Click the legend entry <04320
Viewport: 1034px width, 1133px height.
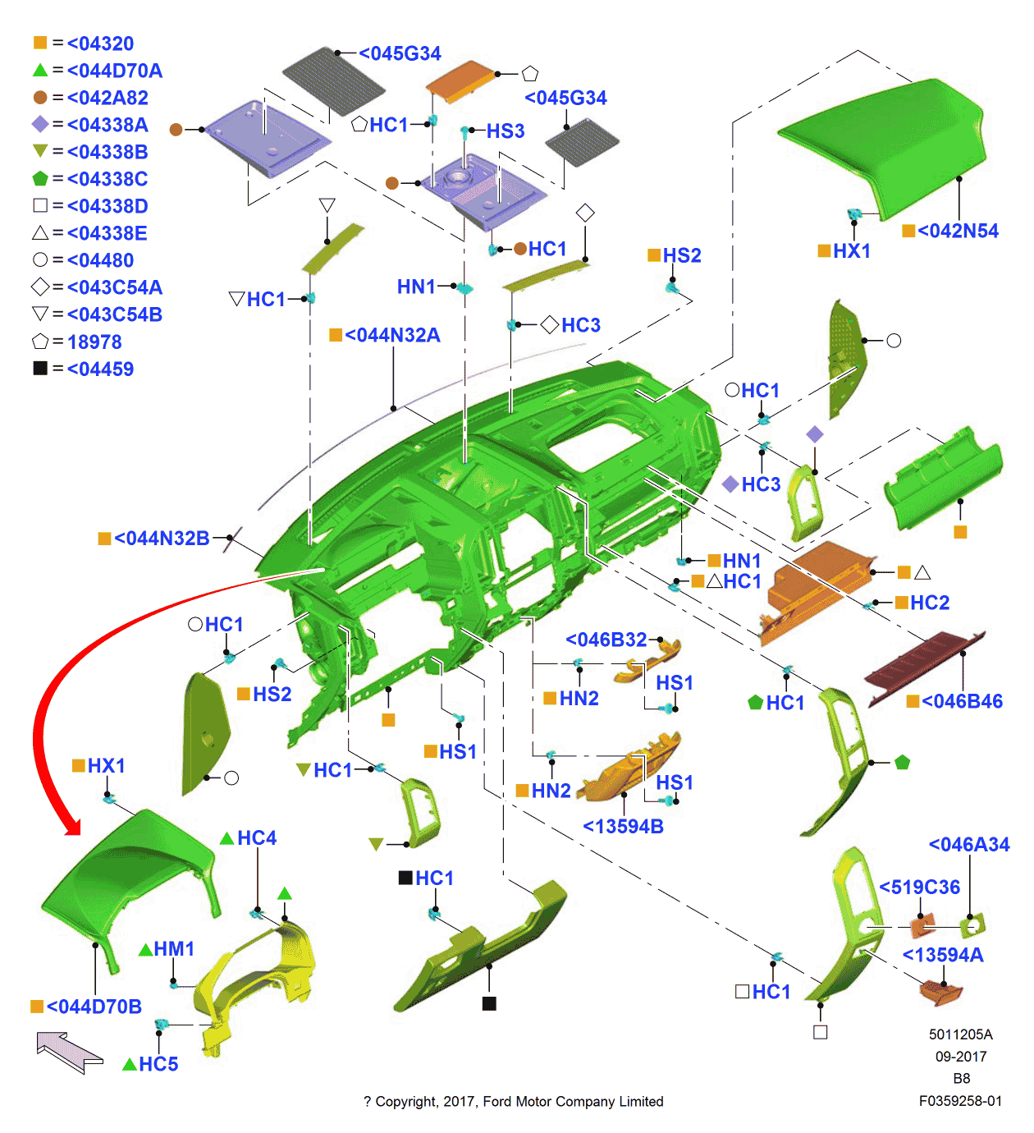click(100, 44)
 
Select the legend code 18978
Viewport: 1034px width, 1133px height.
click(94, 342)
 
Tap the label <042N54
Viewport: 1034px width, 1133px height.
click(958, 231)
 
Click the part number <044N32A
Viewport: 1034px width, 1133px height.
click(392, 335)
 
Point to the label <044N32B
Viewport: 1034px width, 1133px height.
click(162, 539)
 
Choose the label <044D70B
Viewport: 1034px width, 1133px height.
click(94, 1007)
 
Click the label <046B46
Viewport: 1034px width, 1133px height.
click(962, 701)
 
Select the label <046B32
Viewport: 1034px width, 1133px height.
click(606, 640)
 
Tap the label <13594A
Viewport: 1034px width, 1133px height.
click(943, 955)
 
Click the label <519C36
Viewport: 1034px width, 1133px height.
click(919, 887)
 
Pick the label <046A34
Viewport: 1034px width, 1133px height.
click(968, 844)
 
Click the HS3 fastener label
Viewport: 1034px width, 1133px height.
click(505, 131)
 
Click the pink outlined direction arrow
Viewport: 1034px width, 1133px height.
click(69, 1052)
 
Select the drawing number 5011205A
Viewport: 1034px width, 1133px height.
click(960, 1034)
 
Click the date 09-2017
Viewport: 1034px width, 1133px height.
click(960, 1057)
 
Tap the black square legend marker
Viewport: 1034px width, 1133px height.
click(40, 369)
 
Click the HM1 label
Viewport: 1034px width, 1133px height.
click(174, 949)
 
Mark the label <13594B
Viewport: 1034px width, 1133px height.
click(623, 827)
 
